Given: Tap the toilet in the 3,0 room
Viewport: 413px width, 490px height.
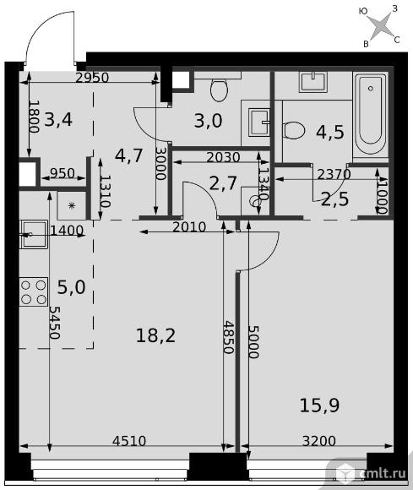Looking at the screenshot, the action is [219, 90].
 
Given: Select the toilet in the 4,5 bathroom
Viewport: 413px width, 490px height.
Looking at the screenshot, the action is [294, 130].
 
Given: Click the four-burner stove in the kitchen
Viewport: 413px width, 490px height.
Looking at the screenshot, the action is [34, 291].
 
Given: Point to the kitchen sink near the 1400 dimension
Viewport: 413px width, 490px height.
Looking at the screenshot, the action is [34, 234].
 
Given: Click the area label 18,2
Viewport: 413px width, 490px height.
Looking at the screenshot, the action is [155, 336].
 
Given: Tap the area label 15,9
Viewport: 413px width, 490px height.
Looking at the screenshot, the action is [319, 406].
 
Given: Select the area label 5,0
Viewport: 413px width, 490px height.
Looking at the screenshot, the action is [71, 287].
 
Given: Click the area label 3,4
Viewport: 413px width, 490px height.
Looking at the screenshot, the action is [58, 119].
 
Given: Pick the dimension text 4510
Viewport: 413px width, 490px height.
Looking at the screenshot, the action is [129, 441].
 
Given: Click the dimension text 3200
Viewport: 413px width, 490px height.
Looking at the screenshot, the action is [319, 441].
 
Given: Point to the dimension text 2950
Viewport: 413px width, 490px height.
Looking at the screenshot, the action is [92, 78].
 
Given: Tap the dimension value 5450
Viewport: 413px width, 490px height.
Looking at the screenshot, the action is [54, 323].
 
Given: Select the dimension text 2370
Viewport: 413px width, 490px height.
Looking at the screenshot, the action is [334, 174].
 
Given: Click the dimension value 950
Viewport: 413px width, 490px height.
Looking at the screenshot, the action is [62, 173].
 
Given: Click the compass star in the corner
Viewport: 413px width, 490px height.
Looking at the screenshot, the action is [379, 26].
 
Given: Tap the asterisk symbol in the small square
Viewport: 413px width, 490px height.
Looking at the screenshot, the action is [72, 205].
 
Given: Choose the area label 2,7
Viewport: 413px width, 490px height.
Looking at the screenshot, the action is [223, 183].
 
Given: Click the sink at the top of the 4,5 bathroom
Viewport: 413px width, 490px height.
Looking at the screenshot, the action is [313, 82].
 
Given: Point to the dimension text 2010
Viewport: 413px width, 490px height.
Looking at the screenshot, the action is [189, 226].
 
